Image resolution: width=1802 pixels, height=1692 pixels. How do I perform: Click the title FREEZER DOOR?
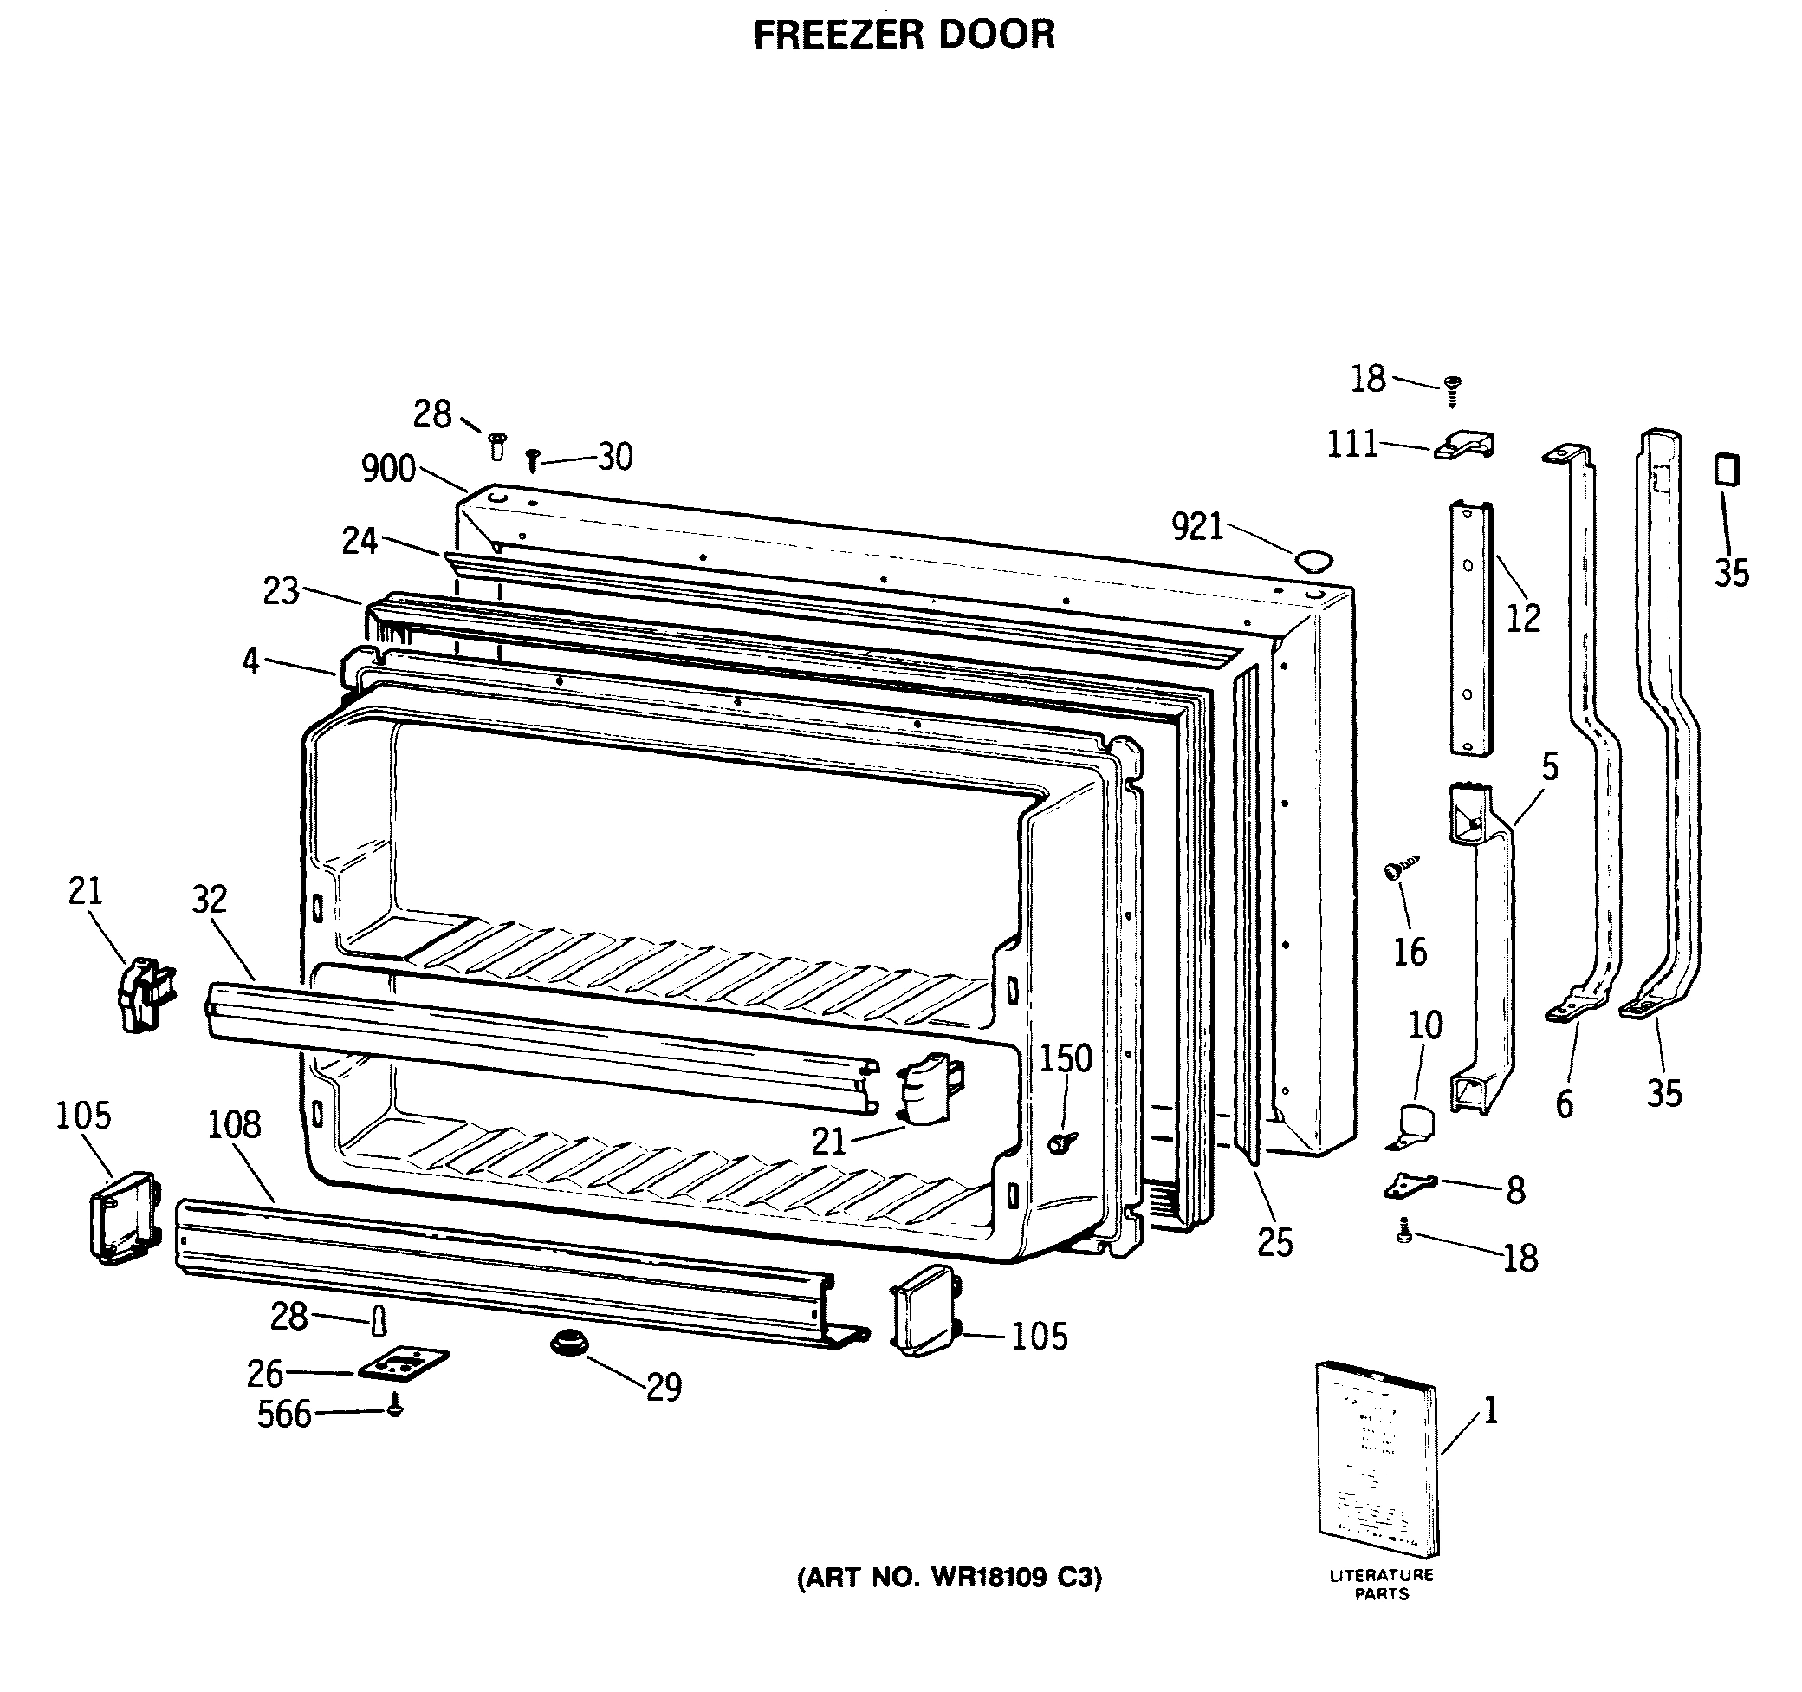pyautogui.click(x=904, y=36)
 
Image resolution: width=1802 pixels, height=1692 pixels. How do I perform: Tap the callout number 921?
pyautogui.click(x=1197, y=527)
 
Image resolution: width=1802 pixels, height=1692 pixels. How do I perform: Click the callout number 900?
pyautogui.click(x=388, y=470)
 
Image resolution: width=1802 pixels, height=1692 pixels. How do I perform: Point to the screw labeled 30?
pyautogui.click(x=533, y=460)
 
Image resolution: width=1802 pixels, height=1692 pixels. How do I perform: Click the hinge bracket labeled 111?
pyautogui.click(x=1464, y=446)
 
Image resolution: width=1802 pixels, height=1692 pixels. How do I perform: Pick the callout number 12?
pyautogui.click(x=1524, y=618)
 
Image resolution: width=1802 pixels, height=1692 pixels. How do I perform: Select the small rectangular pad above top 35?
pyautogui.click(x=1726, y=471)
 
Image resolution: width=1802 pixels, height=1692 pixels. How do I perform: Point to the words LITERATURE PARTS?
pyautogui.click(x=1382, y=1585)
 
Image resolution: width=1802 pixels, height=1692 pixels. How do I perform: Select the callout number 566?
pyautogui.click(x=283, y=1415)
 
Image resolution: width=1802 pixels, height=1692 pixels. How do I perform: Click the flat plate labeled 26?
pyautogui.click(x=404, y=1363)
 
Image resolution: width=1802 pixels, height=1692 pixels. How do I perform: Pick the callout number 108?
pyautogui.click(x=234, y=1125)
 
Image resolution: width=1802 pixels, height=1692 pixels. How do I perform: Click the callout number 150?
pyautogui.click(x=1065, y=1058)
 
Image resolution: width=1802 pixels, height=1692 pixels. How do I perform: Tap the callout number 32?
pyautogui.click(x=210, y=900)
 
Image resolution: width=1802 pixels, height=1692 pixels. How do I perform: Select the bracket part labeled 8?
pyautogui.click(x=1410, y=1185)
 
